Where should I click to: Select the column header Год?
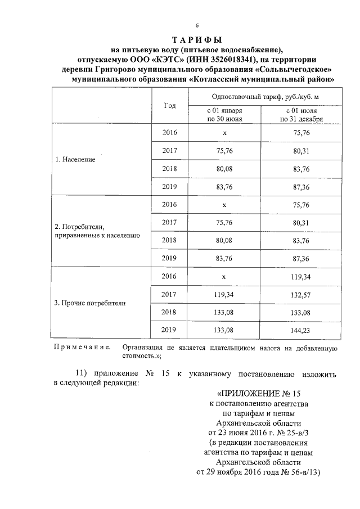[x=170, y=106]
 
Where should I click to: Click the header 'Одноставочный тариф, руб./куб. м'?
[x=264, y=97]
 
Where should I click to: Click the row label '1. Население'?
[x=75, y=160]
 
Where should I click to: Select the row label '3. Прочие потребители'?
[x=89, y=303]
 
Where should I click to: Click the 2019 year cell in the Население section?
[x=169, y=186]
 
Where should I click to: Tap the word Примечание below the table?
[x=82, y=348]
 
